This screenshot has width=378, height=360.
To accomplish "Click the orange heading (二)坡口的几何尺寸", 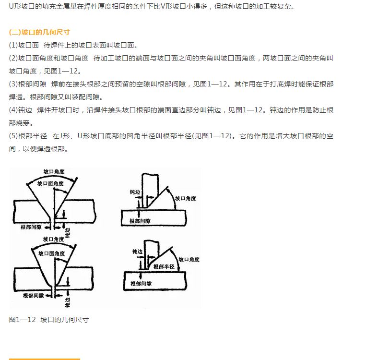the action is (x=39, y=32).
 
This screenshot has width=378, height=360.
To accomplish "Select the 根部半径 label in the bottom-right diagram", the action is (x=164, y=266).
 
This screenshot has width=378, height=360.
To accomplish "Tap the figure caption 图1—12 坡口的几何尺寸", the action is (x=49, y=320).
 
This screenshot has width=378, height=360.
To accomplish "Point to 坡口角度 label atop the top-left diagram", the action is (x=54, y=171).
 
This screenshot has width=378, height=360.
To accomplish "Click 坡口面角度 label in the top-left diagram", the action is (x=50, y=184).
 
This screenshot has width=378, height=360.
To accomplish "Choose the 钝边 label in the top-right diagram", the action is (x=135, y=192).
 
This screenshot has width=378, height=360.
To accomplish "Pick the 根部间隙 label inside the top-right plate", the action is (x=140, y=221).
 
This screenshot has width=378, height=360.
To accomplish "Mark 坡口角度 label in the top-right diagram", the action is (x=185, y=198).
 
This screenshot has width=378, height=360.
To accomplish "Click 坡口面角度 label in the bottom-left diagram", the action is (x=52, y=253).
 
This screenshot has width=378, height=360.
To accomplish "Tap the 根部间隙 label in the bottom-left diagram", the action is (x=34, y=296).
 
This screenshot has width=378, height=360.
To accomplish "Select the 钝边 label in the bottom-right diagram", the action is (x=137, y=252).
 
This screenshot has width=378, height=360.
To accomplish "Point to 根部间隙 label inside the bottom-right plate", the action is (x=141, y=284).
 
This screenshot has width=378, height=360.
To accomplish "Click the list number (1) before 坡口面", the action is (x=13, y=45).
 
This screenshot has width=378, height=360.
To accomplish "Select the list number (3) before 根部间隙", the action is (x=13, y=84).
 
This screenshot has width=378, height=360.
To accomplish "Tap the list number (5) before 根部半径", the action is (x=13, y=136).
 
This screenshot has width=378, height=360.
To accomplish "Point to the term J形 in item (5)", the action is (x=65, y=136).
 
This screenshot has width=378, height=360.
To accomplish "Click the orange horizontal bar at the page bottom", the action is (x=44, y=359).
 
